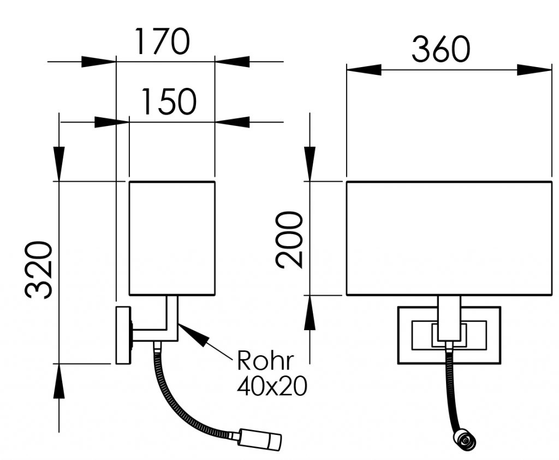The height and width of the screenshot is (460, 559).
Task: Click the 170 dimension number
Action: (x=162, y=41)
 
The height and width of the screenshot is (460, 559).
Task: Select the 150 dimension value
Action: (x=169, y=101)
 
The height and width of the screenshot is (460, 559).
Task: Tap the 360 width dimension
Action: (x=441, y=49)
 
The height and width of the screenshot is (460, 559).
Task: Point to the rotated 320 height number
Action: (x=39, y=270)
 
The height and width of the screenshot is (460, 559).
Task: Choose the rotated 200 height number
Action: (x=289, y=239)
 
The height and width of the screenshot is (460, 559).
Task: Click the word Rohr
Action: (x=265, y=361)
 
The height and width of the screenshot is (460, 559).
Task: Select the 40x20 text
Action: (x=272, y=386)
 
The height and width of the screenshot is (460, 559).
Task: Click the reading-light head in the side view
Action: (x=260, y=438)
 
